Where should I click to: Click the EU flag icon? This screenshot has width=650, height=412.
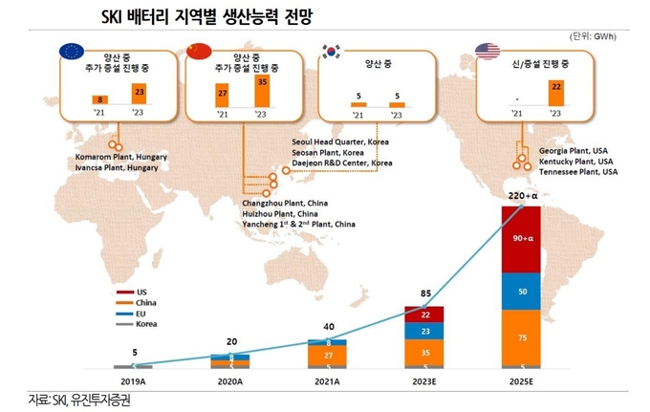pos(71,52)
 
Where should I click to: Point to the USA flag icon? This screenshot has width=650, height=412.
pos(487,52)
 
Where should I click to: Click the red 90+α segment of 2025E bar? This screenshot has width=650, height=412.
pos(520,238)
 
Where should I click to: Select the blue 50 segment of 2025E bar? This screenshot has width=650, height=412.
pos(520,291)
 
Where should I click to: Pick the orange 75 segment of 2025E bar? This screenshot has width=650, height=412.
pos(520,336)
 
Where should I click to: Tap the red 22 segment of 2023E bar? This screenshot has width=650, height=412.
pos(425,314)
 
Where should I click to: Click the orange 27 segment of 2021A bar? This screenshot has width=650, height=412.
pos(327,355)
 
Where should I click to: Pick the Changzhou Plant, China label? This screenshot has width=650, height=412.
pos(285,204)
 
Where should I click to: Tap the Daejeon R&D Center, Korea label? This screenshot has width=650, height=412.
pos(342,163)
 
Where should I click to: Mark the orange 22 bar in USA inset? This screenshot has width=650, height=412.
pos(554,95)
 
